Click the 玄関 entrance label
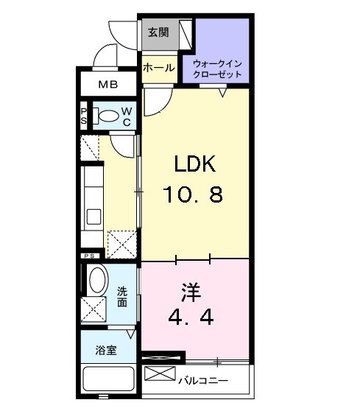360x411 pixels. (x=158, y=32)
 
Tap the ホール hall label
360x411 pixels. (x=159, y=68)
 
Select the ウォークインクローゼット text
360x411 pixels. (x=217, y=69)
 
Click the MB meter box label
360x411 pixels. (x=108, y=85)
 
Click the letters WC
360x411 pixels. (x=127, y=116)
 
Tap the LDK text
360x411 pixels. (x=194, y=164)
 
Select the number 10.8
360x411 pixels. (x=193, y=194)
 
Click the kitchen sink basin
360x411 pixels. (x=93, y=217)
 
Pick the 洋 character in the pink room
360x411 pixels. (x=191, y=292)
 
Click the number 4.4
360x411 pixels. (x=191, y=317)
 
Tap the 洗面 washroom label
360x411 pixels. (x=122, y=297)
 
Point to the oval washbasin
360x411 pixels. (x=98, y=280)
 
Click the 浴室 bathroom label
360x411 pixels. (x=106, y=350)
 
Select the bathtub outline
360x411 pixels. (x=109, y=379)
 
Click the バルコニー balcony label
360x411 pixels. (x=202, y=380)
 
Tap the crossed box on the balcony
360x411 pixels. (x=160, y=373)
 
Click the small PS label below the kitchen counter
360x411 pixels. (x=89, y=256)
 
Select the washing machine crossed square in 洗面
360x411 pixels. (x=93, y=309)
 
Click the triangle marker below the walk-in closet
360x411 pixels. (x=223, y=93)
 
